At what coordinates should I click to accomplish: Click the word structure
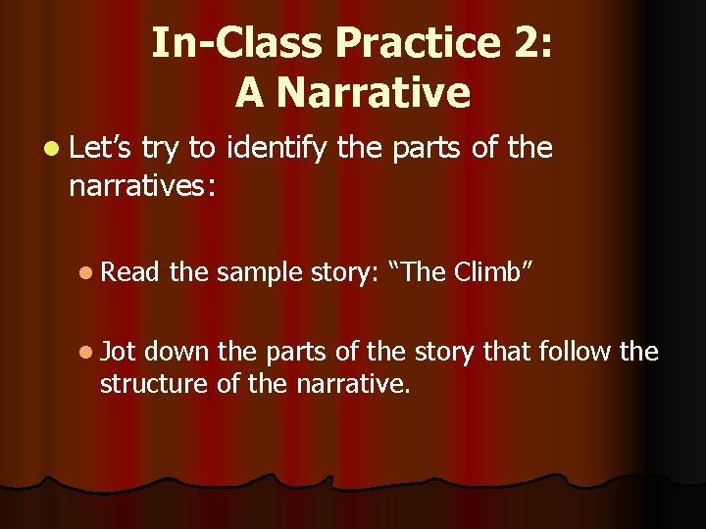pyautogui.click(x=153, y=383)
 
